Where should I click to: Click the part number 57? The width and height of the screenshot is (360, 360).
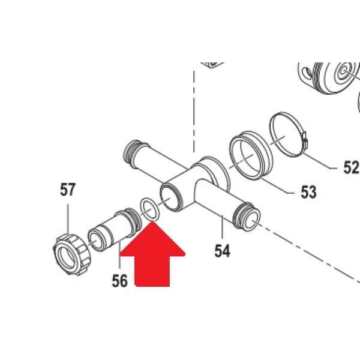coord(67,190)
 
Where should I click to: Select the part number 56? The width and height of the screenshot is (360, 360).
coord(119,281)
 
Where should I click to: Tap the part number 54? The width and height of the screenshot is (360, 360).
coord(222,251)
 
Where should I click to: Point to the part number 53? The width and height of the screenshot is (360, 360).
coord(308,192)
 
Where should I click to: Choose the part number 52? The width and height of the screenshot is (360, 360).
coord(351,167)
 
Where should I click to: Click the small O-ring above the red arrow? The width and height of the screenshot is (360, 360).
coord(149,208)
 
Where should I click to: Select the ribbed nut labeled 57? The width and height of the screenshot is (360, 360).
coord(72,254)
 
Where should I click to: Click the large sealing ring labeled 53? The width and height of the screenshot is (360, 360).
coord(251,155)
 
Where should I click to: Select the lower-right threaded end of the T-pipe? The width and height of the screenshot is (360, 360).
coord(247,217)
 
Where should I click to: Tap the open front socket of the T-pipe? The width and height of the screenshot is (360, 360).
coord(171,196)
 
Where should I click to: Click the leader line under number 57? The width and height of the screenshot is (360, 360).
coord(68,219)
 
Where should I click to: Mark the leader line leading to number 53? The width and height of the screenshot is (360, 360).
coord(277,185)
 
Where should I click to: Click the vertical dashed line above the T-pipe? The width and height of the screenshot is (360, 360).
coord(194,112)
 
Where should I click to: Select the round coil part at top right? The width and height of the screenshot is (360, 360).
coord(329,78)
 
